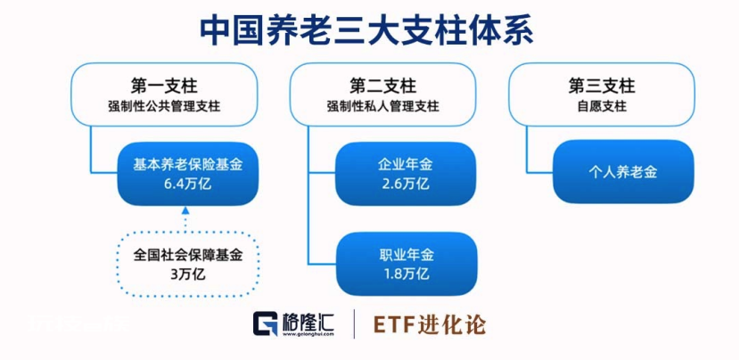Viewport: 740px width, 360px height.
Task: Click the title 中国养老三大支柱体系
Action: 366,32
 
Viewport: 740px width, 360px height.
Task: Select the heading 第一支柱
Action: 164,86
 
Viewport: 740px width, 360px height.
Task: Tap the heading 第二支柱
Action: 382,86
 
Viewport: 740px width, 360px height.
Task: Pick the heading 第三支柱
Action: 602,86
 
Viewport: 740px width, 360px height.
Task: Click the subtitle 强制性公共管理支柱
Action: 164,107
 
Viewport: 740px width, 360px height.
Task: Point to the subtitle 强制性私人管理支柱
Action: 382,107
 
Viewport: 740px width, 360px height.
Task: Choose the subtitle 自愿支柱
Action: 602,107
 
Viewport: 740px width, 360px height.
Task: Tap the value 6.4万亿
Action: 188,184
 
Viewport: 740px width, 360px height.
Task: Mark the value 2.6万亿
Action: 406,183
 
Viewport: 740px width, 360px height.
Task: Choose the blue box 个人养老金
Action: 623,172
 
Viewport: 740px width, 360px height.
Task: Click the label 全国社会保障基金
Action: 188,255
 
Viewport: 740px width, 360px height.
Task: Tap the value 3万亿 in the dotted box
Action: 188,274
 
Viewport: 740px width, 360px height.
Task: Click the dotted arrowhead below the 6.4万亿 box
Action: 185,210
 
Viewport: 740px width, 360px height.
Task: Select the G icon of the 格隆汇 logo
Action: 265,323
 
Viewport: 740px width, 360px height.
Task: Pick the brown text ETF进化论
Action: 429,324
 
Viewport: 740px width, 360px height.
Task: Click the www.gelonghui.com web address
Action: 308,334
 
